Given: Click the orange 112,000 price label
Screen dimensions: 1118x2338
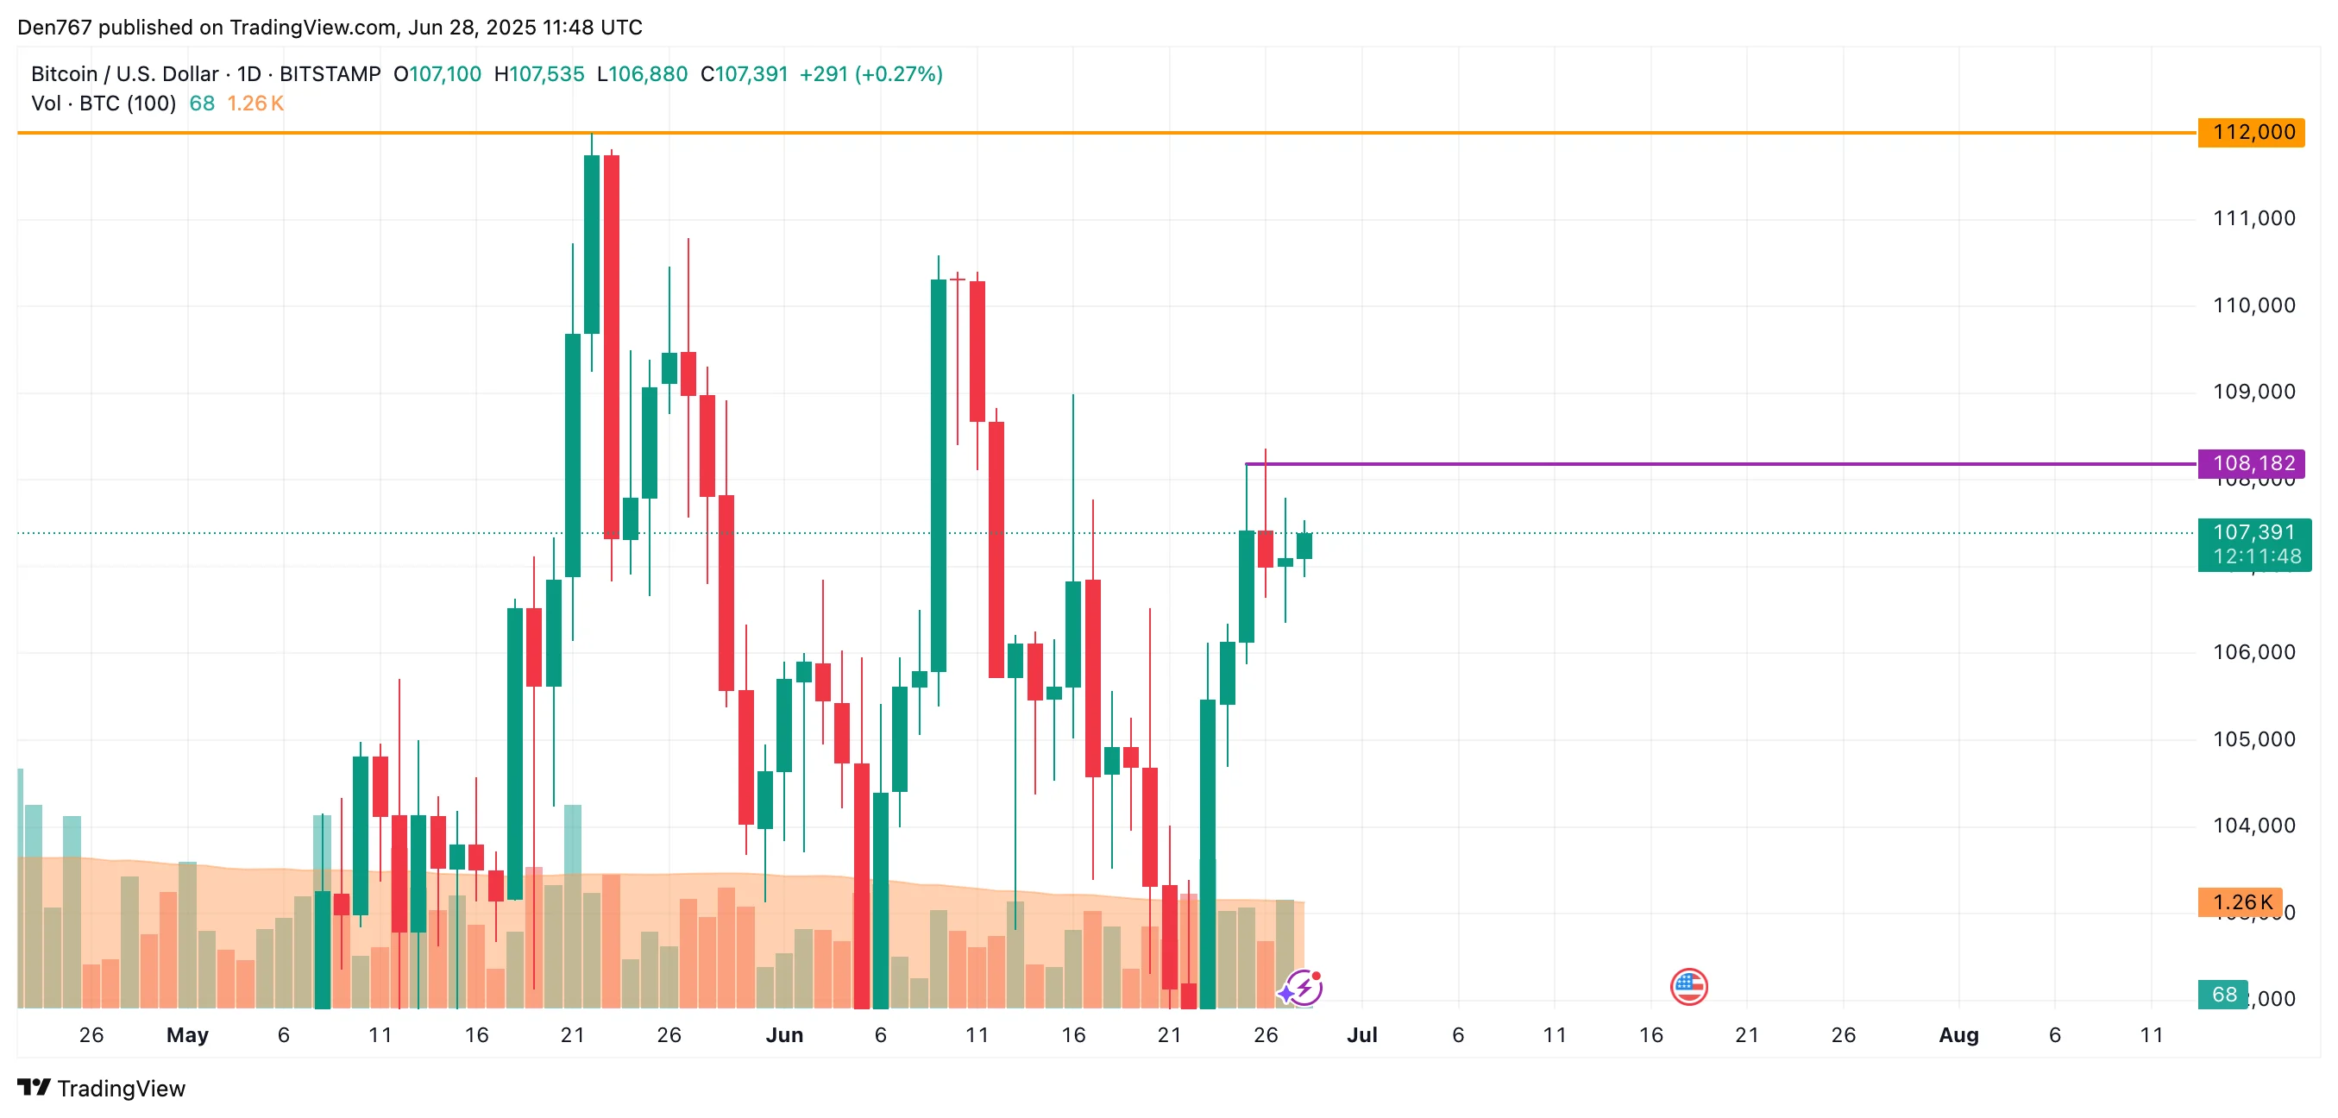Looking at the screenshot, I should coord(2252,133).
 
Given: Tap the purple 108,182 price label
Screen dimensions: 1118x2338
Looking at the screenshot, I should coord(2252,464).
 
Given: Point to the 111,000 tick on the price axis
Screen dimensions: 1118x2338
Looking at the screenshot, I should coord(2253,219).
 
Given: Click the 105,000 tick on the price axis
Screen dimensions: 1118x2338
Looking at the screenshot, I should coord(2253,739).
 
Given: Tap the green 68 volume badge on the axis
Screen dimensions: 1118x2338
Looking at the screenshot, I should coord(2222,995).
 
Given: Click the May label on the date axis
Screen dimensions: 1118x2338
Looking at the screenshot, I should coord(187,1035).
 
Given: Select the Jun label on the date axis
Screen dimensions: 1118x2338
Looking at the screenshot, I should coord(784,1035).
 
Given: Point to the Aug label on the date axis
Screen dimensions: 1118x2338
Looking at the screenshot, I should coord(1958,1035).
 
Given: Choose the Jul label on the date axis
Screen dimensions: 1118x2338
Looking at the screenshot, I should coord(1361,1035).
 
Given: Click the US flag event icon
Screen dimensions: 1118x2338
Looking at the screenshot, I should coord(1688,986).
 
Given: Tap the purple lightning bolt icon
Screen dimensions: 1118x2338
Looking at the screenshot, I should coord(1304,988).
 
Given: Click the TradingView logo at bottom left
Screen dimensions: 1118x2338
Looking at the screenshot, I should coord(102,1088).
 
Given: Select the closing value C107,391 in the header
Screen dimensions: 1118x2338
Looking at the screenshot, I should coord(745,74).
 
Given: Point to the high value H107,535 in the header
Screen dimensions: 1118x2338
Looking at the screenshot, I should coord(539,74).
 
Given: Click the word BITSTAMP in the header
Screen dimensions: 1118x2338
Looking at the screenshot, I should coord(330,74).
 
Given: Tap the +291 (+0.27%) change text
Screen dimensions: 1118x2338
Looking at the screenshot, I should coord(870,74).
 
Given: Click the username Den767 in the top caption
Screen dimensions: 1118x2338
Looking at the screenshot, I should coord(54,28).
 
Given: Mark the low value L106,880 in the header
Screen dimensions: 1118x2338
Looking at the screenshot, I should coord(642,74).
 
